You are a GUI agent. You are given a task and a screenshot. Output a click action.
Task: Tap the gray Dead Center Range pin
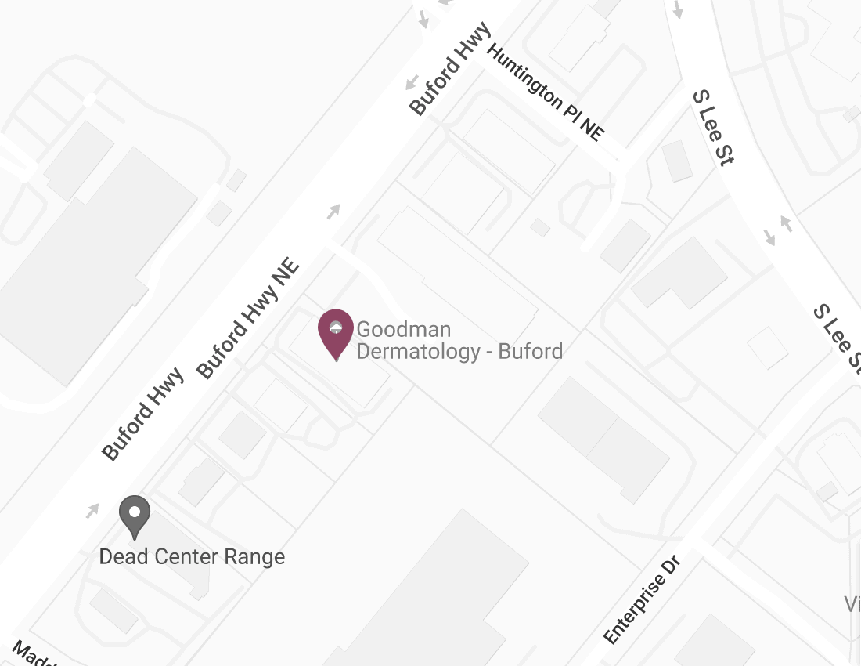[135, 515]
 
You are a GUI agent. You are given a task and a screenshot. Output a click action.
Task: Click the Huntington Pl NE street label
[546, 92]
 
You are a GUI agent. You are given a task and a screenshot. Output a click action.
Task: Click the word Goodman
[403, 329]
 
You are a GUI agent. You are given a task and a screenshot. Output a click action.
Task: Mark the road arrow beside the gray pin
[93, 511]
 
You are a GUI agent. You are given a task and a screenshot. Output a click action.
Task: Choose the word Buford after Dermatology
[531, 351]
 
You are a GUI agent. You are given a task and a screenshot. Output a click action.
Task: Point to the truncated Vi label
[852, 604]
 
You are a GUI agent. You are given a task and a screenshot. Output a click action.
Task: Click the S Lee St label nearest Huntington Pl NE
[712, 127]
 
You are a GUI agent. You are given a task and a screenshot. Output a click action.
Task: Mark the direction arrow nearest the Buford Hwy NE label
[334, 210]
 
